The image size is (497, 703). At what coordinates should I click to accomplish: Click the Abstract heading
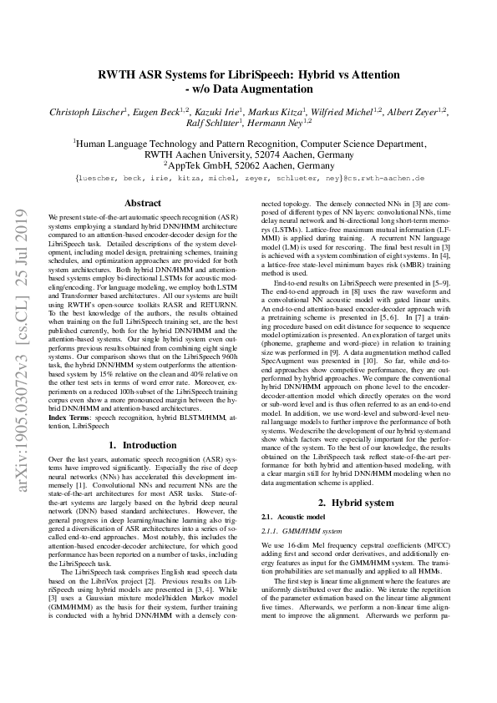[143, 203]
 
